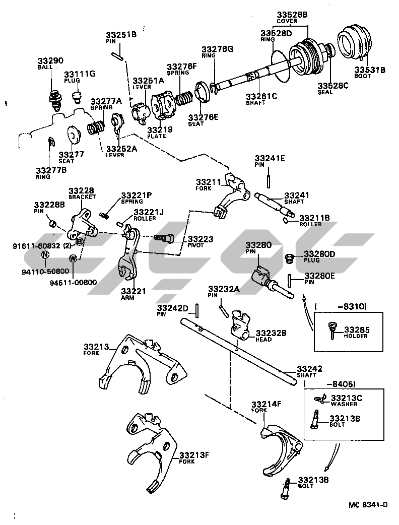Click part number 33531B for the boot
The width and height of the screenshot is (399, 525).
(369, 70)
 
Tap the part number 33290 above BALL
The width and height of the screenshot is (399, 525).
(50, 61)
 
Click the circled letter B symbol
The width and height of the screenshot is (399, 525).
(80, 242)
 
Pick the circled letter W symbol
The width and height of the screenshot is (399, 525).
(74, 258)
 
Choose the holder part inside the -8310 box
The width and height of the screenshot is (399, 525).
(331, 329)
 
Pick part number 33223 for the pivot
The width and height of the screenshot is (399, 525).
(201, 239)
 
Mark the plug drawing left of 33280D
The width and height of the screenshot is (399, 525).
(290, 258)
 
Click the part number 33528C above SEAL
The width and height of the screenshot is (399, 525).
(332, 86)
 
